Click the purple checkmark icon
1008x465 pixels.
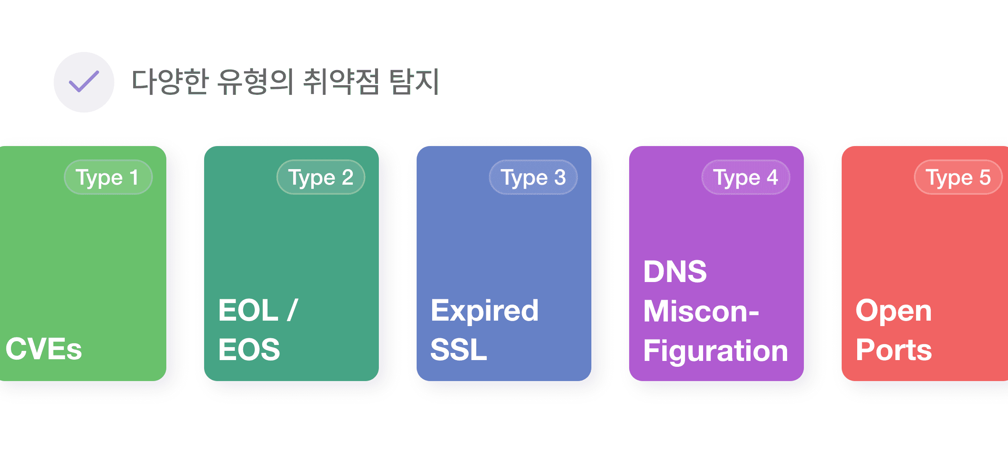click(x=84, y=82)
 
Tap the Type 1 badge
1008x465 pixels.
click(x=108, y=177)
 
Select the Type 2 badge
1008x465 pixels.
click(x=320, y=177)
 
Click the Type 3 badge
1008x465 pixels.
click(x=533, y=177)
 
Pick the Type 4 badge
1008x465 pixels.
click(x=745, y=177)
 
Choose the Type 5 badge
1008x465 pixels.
click(x=958, y=177)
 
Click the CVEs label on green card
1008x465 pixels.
click(x=44, y=349)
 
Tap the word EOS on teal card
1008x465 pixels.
click(x=249, y=350)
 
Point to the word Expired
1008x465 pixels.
click(x=484, y=311)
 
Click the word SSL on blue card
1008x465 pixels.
click(x=459, y=350)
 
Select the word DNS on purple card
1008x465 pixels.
click(x=675, y=272)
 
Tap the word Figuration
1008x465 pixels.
click(x=716, y=350)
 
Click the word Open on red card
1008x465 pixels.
click(x=894, y=311)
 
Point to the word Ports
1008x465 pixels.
click(x=894, y=350)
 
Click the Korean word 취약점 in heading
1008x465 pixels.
click(x=341, y=81)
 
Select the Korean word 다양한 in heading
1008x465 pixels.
click(x=170, y=81)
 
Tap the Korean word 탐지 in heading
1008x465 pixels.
click(x=414, y=81)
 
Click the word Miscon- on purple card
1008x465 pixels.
click(x=701, y=311)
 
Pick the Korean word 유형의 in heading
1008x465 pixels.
click(x=255, y=81)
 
